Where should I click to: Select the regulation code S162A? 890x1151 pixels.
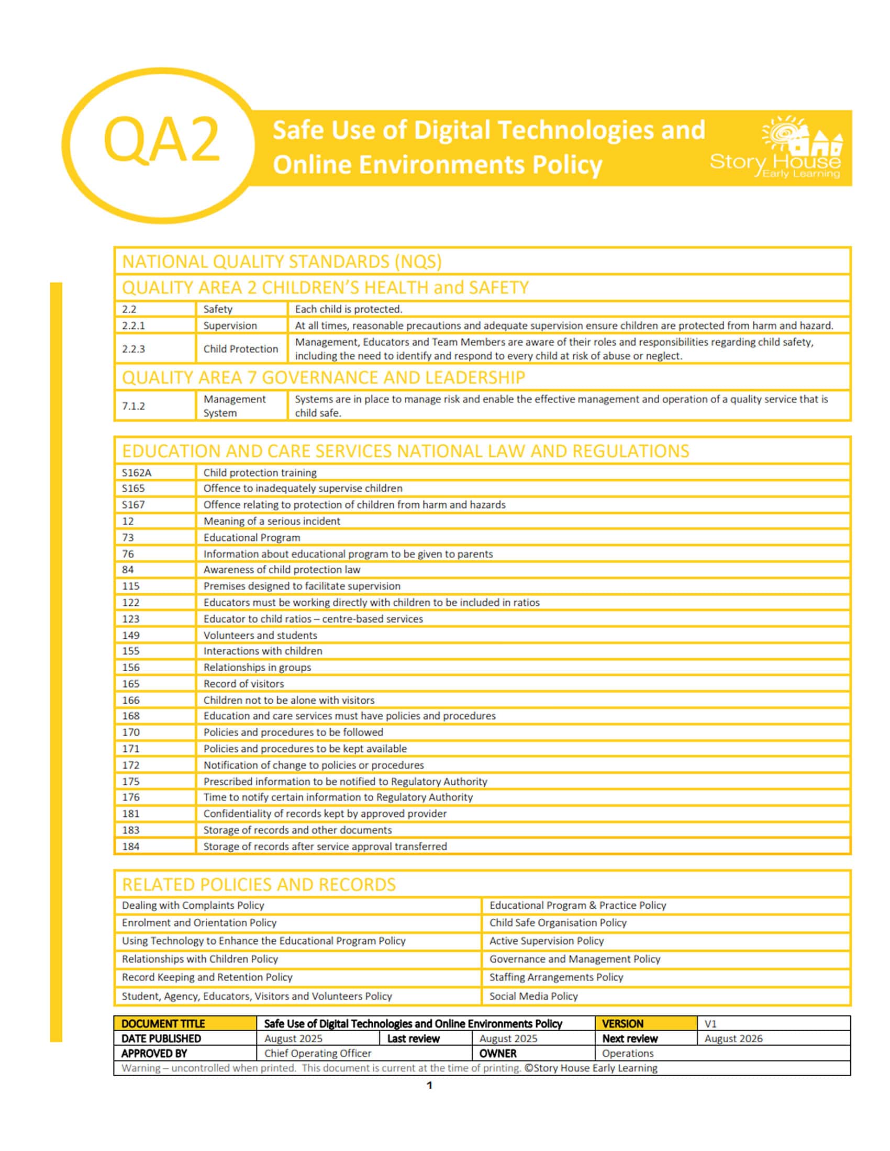tap(137, 473)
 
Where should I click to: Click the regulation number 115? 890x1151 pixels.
tap(131, 586)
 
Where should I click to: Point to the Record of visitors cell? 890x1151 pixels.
tap(243, 684)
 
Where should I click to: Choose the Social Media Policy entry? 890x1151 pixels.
tap(533, 996)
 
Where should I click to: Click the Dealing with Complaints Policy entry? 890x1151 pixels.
tap(193, 906)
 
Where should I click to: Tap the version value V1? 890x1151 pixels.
tap(710, 1023)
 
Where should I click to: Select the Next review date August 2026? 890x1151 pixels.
tap(733, 1038)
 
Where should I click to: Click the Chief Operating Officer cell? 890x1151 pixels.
tap(317, 1053)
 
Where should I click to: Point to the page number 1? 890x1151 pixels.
tap(429, 1085)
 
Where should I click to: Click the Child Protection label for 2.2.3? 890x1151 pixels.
tap(240, 349)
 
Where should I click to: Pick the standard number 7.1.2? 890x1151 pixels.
tap(133, 406)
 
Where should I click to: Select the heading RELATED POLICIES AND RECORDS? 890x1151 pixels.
tap(258, 884)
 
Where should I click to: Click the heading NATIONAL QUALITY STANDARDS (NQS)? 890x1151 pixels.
tap(282, 262)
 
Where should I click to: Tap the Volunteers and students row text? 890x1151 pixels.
tap(260, 635)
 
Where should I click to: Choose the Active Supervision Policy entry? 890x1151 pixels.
tap(546, 941)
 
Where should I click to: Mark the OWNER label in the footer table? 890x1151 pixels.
tap(498, 1053)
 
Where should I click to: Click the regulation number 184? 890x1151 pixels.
tap(131, 847)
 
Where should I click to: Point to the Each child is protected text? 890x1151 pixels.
tap(348, 309)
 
